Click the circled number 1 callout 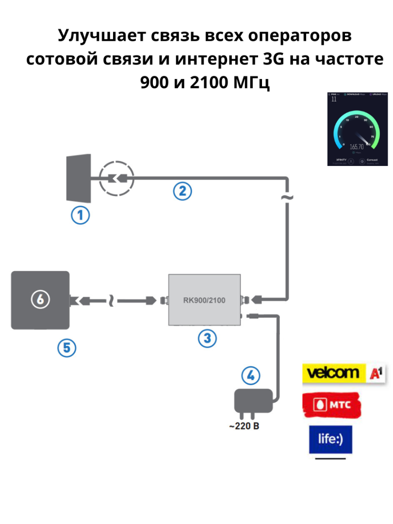tap(80, 215)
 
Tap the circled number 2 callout tap(183, 191)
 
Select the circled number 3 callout tap(207, 338)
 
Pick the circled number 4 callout tap(250, 375)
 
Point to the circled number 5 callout tap(67, 347)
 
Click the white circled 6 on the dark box tap(40, 300)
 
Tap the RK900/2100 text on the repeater tap(204, 300)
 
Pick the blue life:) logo tap(330, 440)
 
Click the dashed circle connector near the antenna tap(115, 179)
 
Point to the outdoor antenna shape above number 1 tap(79, 178)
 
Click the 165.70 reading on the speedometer tap(357, 147)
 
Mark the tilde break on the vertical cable tap(287, 197)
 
